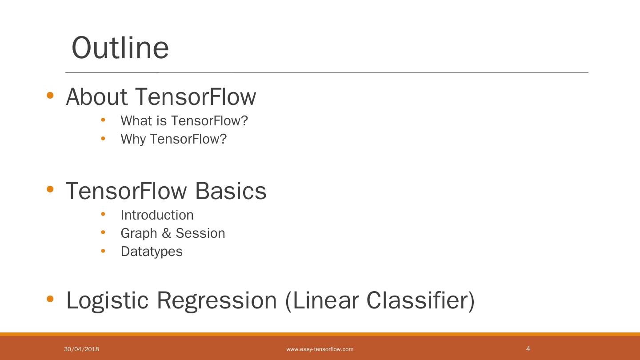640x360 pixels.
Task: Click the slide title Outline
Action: tap(120, 48)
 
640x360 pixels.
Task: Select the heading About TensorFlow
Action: tap(161, 96)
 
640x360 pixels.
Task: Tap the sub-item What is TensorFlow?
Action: tap(184, 120)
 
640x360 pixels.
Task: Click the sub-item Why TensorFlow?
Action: tap(173, 139)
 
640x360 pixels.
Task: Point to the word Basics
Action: tap(231, 191)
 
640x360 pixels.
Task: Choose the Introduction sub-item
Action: tap(157, 215)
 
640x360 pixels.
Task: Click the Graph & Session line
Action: tap(172, 233)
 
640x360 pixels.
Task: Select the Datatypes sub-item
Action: tap(152, 251)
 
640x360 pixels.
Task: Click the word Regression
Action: tap(217, 300)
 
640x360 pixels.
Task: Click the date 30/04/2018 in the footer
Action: tap(81, 349)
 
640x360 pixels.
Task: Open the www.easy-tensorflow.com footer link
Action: tap(320, 349)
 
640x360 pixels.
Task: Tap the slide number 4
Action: tap(528, 348)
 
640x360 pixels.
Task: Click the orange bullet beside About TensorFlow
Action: tap(50, 96)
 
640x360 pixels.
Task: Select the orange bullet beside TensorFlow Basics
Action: tap(50, 190)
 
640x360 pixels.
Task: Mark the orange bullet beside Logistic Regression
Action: tap(50, 299)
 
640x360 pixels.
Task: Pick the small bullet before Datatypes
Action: tap(103, 251)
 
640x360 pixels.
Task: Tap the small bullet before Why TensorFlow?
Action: tap(103, 138)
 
